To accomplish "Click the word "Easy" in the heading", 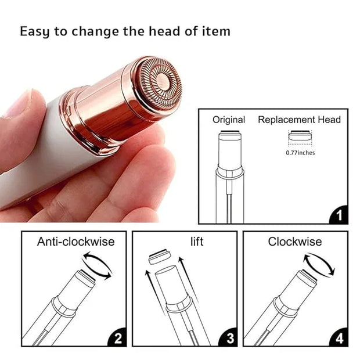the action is click(x=35, y=31).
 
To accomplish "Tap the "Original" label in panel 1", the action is click(x=229, y=120).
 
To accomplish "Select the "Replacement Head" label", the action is click(x=299, y=120).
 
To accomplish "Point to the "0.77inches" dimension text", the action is click(x=300, y=153).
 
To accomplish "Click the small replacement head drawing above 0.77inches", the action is click(x=300, y=136).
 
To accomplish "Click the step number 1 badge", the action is click(x=339, y=215).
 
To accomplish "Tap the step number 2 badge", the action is click(x=117, y=338).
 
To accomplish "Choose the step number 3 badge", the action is click(x=228, y=338).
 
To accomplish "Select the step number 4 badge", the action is click(x=339, y=338).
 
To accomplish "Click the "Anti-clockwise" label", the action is click(x=75, y=242).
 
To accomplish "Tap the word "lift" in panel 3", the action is click(x=197, y=242).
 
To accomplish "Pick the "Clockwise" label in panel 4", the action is click(x=295, y=242).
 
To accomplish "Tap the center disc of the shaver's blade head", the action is click(x=163, y=81).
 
